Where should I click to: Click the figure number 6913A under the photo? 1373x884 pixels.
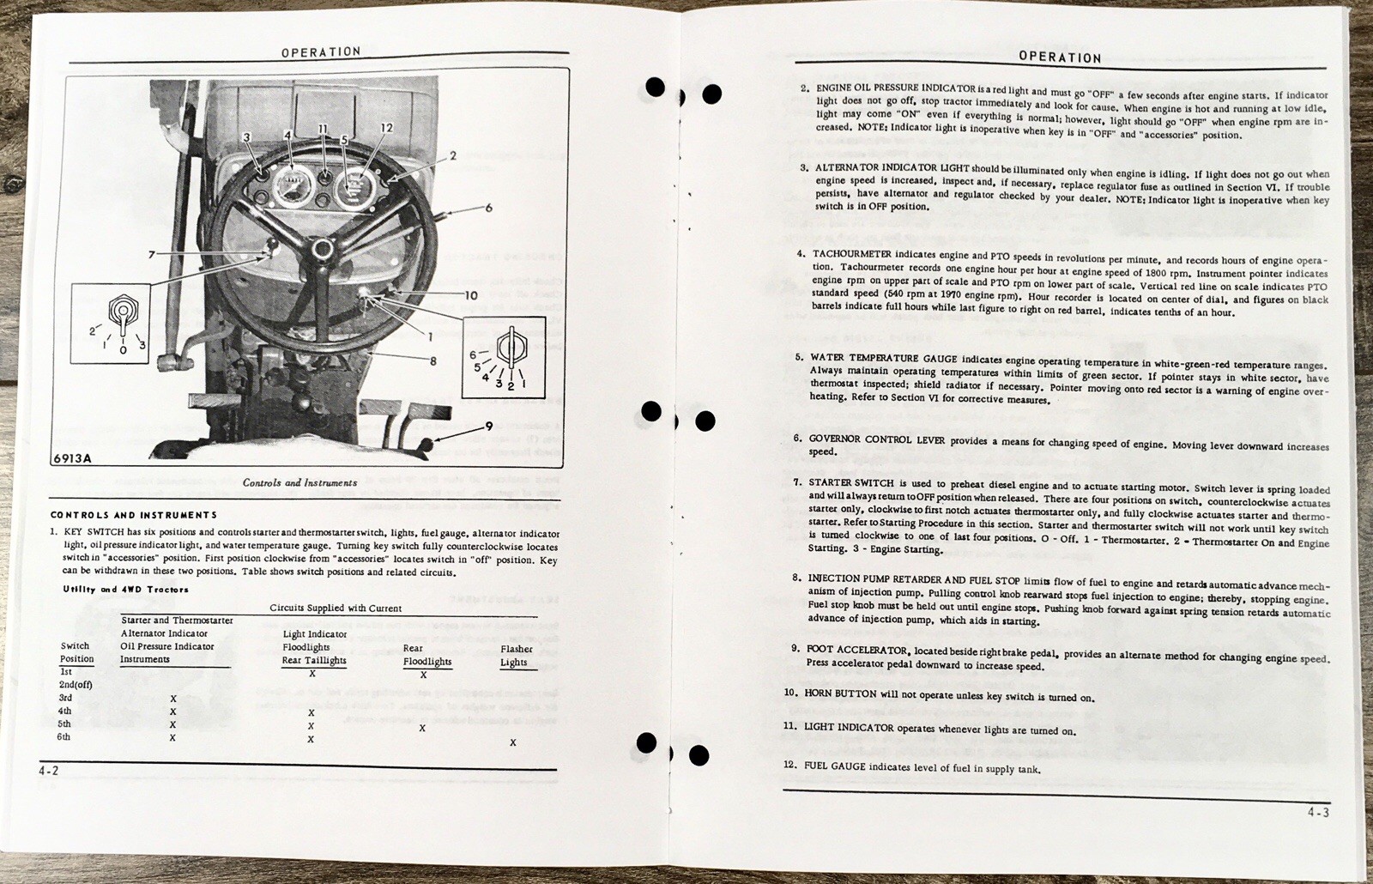coord(72,457)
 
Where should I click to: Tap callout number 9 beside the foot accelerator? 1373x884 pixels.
coord(487,426)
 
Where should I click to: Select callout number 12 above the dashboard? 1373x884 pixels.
coord(387,128)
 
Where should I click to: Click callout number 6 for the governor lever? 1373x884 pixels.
coord(488,208)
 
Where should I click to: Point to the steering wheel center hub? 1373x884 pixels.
coord(323,249)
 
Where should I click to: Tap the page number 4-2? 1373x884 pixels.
coord(48,771)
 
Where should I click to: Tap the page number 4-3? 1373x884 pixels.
coord(1318,812)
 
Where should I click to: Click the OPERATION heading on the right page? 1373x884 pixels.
coord(1060,57)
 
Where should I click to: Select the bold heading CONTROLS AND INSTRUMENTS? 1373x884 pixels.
coord(134,515)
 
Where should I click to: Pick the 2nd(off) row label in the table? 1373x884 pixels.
coord(76,685)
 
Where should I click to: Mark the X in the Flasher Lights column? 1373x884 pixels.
coord(513,742)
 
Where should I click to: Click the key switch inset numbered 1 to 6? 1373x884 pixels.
coord(504,356)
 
